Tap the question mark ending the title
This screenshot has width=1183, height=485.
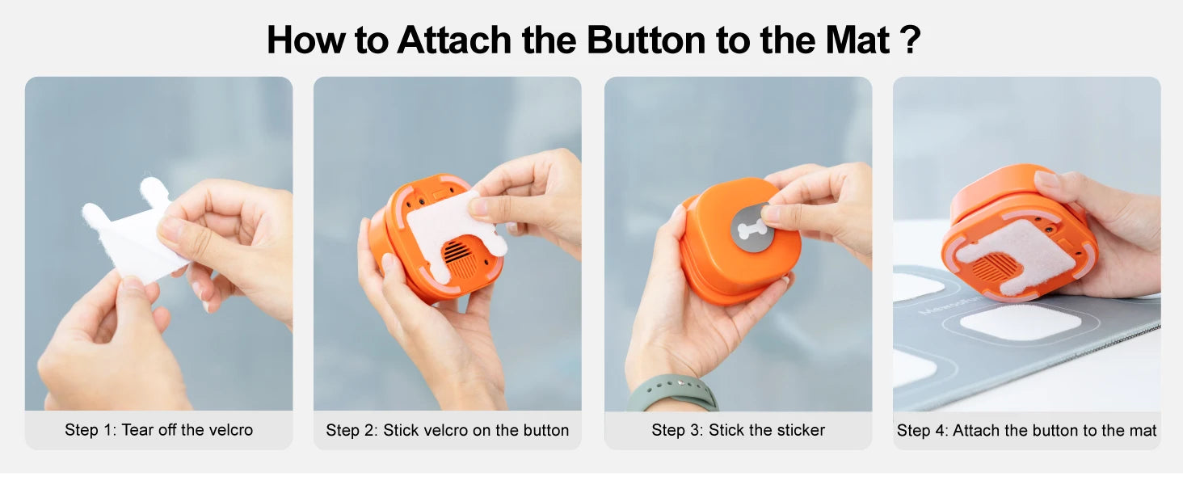coord(910,40)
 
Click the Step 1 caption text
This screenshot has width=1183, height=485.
coord(158,430)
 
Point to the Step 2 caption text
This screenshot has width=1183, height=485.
coord(447,430)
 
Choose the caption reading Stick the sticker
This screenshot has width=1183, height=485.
coord(738,430)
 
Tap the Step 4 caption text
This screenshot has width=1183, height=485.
coord(1026,430)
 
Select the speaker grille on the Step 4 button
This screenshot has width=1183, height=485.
coord(999,266)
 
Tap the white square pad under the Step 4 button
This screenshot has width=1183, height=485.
coord(1020,321)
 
